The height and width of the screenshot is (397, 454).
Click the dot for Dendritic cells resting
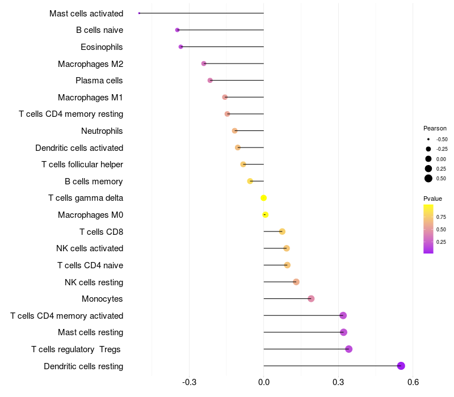click(401, 366)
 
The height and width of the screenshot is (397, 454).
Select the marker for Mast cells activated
click(139, 13)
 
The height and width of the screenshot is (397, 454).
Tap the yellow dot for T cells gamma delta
click(263, 198)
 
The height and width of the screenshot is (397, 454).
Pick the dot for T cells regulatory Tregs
click(348, 349)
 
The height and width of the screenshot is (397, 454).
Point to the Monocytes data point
click(311, 299)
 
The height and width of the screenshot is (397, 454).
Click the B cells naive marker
click(178, 29)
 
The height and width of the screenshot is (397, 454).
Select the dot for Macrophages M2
click(204, 64)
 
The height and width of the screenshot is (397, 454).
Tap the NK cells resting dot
click(296, 282)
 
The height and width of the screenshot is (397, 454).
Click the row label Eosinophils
click(102, 47)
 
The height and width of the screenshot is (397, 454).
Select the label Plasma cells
click(99, 81)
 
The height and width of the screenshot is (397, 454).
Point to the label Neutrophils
click(102, 131)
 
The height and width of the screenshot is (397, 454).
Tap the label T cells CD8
click(101, 231)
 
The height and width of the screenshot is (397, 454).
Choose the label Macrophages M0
click(90, 215)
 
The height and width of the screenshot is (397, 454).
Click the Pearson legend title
click(435, 128)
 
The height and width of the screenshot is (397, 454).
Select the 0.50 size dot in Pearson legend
click(428, 179)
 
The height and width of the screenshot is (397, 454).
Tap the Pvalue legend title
click(432, 198)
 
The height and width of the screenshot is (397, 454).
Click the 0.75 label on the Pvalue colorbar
click(441, 217)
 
